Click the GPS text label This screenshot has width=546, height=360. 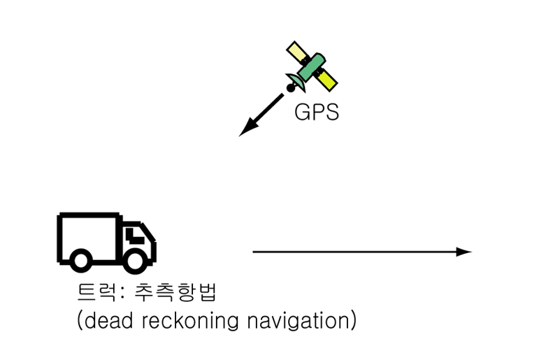317,112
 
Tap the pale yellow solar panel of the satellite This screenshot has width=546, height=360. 298,52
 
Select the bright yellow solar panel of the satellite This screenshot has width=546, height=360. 326,80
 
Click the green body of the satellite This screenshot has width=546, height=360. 311,67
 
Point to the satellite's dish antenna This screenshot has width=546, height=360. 296,82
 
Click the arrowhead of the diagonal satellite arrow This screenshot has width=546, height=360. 247,128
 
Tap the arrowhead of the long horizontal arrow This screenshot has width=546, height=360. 464,252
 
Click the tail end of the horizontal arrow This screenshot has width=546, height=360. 253,252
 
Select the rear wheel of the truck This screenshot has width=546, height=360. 81,261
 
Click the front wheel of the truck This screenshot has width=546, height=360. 135,261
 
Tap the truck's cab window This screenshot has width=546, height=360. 134,236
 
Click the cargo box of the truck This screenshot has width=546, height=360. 89,237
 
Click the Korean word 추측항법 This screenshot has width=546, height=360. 176,292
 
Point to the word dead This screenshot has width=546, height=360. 108,320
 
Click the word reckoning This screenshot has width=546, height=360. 190,321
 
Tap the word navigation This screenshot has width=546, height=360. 299,321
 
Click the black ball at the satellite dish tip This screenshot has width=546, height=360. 290,88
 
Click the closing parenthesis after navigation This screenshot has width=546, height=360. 354,320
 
